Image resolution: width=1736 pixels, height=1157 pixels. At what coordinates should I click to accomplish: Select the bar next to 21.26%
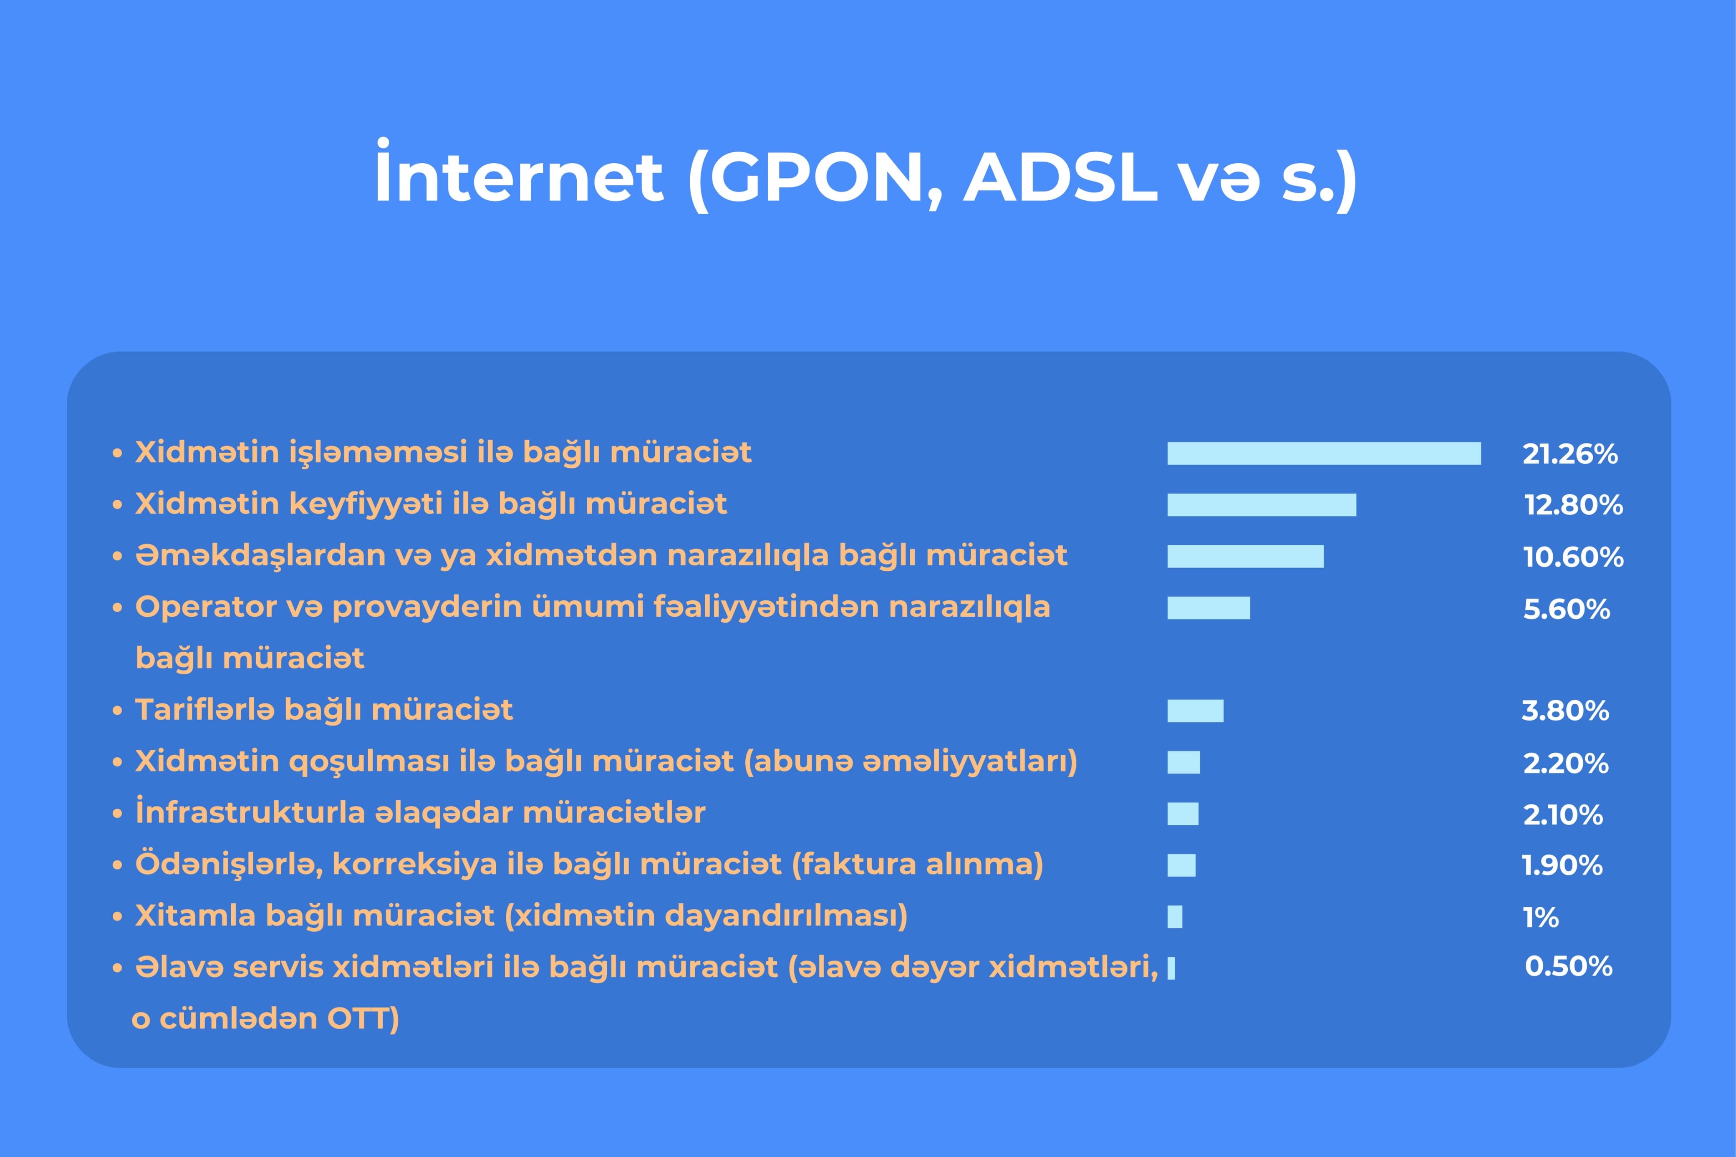coord(1324,453)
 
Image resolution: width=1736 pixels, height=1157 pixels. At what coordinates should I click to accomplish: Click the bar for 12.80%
coord(1262,505)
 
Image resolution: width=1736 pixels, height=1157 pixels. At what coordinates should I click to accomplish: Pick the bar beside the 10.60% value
coord(1245,556)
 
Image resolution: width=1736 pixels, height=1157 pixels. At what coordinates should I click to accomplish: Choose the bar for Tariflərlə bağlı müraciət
coord(1195,711)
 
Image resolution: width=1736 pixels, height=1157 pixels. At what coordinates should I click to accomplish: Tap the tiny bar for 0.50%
coord(1171,968)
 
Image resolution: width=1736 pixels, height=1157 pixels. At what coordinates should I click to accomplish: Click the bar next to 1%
coord(1175,916)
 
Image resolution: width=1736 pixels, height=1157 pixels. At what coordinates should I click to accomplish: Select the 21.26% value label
coord(1570,454)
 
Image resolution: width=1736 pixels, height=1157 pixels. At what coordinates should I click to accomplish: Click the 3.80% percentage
coord(1565,711)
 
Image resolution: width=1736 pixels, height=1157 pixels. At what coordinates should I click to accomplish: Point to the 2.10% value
coord(1563,814)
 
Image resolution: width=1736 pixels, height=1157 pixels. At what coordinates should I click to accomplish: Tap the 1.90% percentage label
coord(1562,865)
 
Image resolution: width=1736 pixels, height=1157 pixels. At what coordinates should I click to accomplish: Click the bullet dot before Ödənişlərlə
coord(116,865)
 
